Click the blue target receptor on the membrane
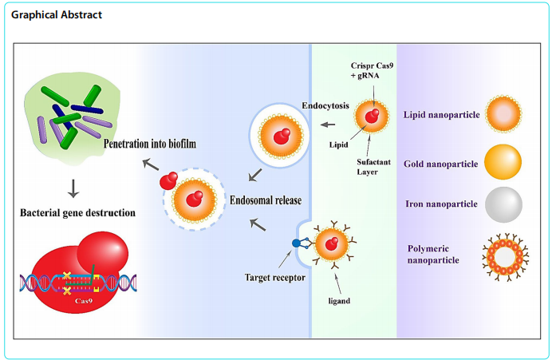[x=298, y=242]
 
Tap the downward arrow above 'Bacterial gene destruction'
[x=73, y=188]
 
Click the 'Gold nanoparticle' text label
[x=441, y=164]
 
